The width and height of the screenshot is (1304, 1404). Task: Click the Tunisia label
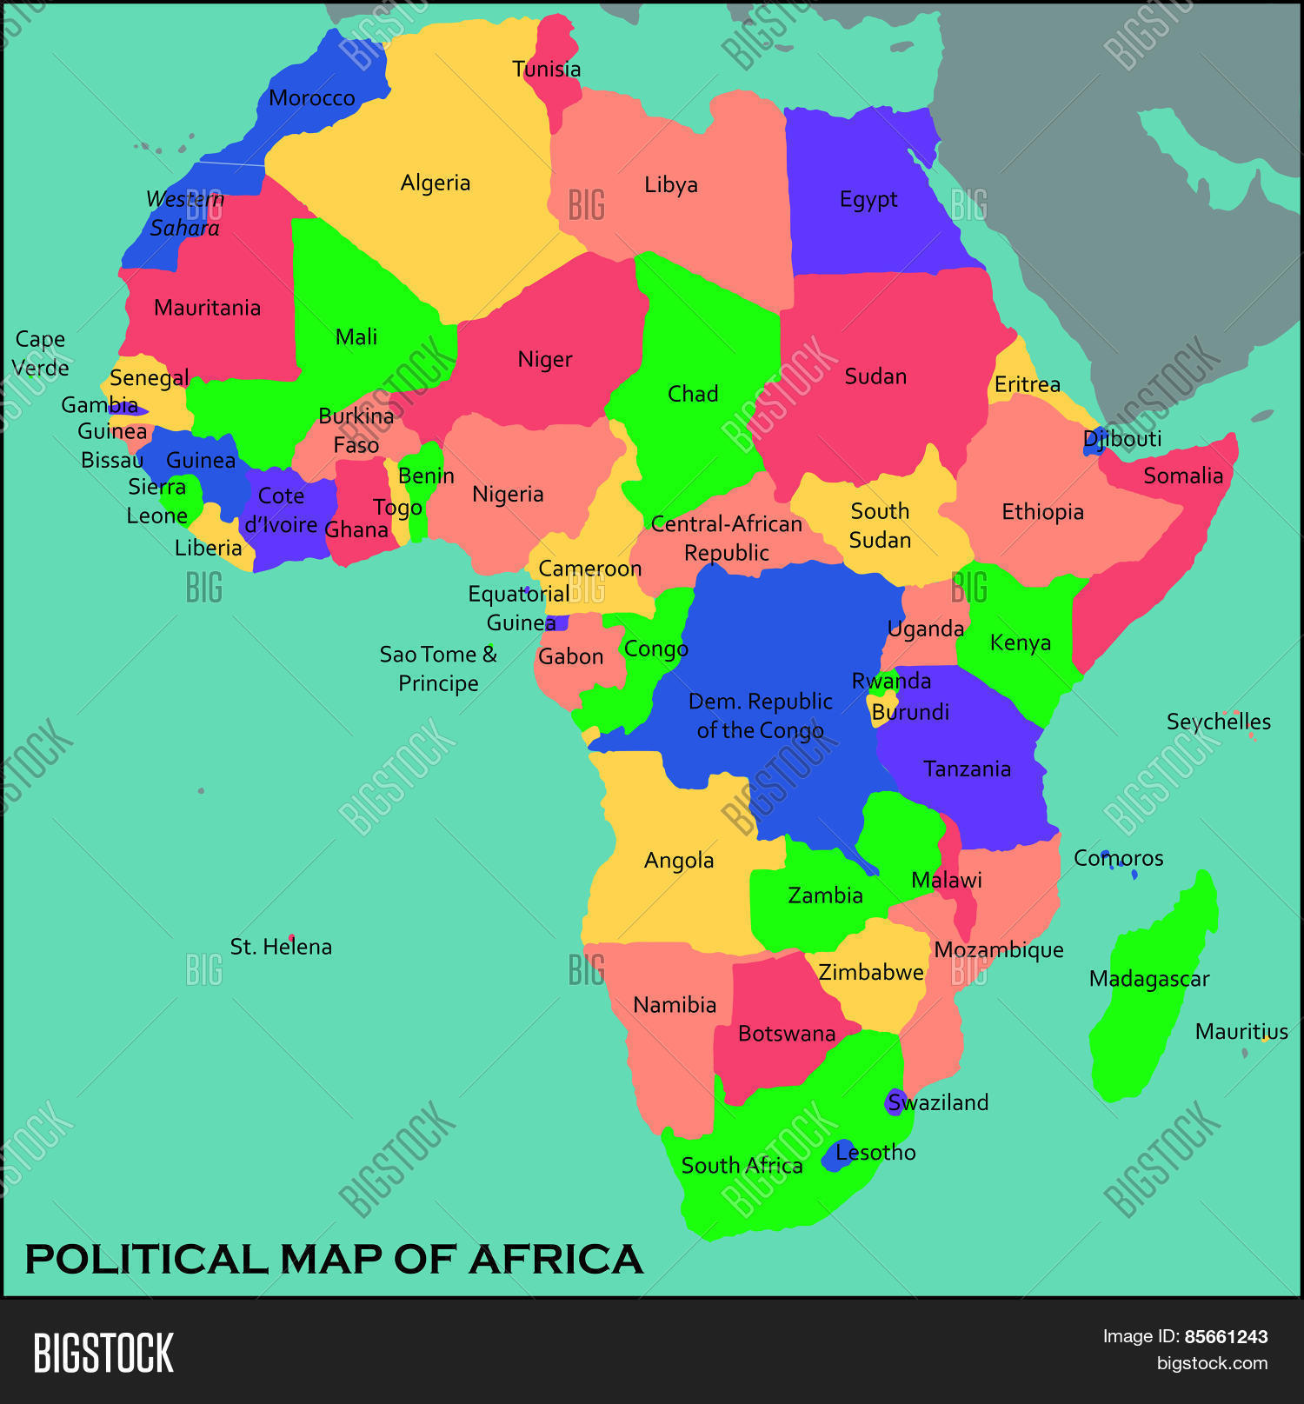546,69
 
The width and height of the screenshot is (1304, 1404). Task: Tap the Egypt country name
868,200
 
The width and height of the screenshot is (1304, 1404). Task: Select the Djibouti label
1122,438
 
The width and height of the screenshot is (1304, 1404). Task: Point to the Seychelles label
1218,722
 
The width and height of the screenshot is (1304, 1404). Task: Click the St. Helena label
281,947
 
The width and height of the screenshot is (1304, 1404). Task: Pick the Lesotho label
875,1153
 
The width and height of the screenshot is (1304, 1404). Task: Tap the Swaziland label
938,1102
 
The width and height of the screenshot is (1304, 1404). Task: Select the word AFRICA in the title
556,1260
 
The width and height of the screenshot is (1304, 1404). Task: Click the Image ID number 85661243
1226,1337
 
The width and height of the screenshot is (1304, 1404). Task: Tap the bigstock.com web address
1212,1363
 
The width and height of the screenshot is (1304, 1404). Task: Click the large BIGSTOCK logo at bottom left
103,1353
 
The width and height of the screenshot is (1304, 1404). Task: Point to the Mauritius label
1241,1032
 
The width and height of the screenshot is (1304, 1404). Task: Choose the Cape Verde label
40,353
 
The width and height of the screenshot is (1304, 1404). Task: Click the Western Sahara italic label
184,213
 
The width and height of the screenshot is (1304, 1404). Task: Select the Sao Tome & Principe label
438,669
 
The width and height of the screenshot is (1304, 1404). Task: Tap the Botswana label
787,1034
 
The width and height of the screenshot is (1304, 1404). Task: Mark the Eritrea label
1027,384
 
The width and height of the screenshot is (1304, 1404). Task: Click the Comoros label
1118,858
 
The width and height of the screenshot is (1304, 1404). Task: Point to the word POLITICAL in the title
146,1260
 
